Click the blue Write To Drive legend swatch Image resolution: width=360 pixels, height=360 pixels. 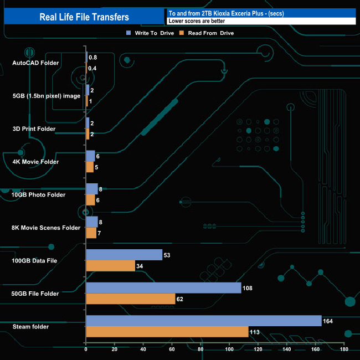(129, 33)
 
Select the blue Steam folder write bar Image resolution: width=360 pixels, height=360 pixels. (203, 321)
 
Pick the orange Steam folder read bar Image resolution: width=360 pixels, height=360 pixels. (167, 332)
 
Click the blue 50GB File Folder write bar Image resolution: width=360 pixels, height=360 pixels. (163, 288)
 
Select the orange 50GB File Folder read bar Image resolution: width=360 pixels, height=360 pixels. (130, 299)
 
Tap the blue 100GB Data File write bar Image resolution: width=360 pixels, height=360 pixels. (124, 255)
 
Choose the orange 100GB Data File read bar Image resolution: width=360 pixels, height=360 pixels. (110, 266)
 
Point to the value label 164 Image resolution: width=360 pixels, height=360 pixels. (328, 321)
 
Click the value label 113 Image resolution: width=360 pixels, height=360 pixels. (255, 332)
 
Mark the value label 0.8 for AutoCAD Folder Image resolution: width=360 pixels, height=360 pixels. (93, 58)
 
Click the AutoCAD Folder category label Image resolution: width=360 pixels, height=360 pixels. (35, 63)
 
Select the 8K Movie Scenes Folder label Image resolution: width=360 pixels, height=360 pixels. (46, 228)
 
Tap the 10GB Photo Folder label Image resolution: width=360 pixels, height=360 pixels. (39, 195)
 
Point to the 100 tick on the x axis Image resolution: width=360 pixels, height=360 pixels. (229, 349)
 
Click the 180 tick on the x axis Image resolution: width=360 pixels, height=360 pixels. (344, 349)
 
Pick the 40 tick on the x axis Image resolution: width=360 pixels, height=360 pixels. (143, 349)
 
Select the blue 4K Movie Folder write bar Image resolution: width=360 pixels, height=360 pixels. (90, 156)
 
